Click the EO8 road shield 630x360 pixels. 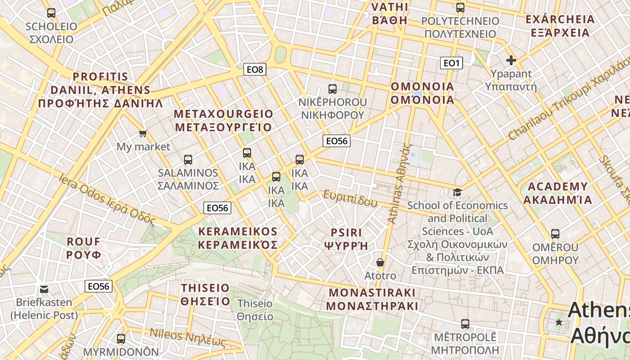pos(255,69)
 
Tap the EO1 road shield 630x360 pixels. pos(451,63)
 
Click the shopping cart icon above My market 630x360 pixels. pos(143,133)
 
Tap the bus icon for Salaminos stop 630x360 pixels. pos(188,159)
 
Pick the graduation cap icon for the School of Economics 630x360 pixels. pos(457,193)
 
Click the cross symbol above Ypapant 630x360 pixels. pos(511,60)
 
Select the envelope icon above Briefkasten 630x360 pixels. pos(44,289)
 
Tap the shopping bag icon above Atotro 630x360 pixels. pos(380,262)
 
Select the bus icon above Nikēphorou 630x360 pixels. pos(333,89)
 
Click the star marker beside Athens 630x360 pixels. pos(559,322)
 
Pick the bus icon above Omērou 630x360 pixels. pos(555,234)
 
